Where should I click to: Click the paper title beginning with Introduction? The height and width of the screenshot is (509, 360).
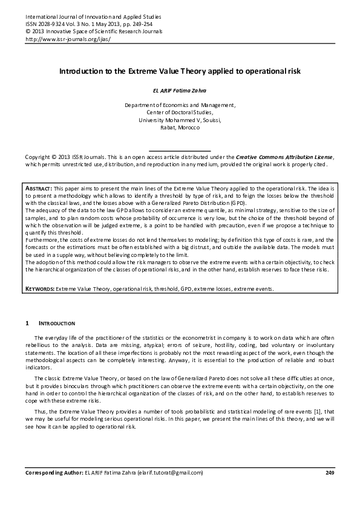(180, 71)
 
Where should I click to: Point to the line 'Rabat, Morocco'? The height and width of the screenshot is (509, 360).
(180, 128)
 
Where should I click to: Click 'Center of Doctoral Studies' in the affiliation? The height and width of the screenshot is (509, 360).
(180, 112)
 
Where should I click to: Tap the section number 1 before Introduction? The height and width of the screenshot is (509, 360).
(27, 323)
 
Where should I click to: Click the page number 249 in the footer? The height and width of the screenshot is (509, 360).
(330, 472)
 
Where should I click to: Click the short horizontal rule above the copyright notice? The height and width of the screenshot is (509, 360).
(180, 149)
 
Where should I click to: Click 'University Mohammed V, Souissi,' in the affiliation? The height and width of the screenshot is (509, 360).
(180, 120)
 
